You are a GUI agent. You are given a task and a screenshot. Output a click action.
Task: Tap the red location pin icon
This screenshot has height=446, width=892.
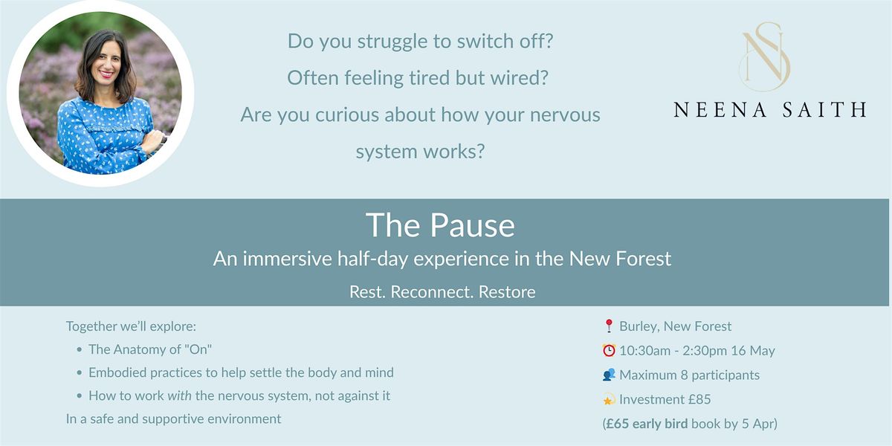609,326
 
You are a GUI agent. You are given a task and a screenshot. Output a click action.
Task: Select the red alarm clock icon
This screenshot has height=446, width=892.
609,350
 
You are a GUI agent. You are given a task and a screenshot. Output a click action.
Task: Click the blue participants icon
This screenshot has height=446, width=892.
609,375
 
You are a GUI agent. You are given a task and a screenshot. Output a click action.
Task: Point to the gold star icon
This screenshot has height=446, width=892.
609,399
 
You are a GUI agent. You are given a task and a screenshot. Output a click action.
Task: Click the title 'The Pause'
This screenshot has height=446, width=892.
440,225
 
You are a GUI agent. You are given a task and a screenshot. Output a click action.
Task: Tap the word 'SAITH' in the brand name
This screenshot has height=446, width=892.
824,109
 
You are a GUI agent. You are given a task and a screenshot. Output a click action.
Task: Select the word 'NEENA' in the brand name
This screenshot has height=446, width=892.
720,109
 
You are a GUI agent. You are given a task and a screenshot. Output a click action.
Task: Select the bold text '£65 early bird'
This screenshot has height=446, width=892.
646,423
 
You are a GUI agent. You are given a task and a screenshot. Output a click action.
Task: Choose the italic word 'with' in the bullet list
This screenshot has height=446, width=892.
179,395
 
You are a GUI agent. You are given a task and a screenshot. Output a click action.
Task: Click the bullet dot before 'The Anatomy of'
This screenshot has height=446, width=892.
80,349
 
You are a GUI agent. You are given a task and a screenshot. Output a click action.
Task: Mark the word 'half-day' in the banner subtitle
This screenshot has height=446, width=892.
372,259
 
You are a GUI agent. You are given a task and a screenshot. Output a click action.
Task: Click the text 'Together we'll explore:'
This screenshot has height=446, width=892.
131,326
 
